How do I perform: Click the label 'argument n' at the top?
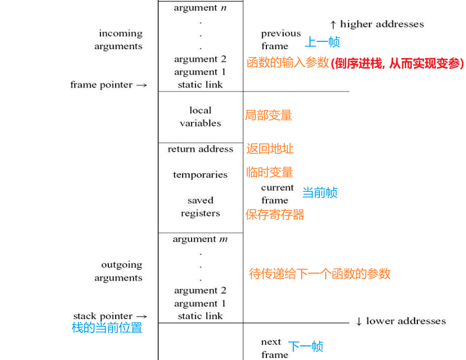click(200, 8)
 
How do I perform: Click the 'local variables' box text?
click(200, 117)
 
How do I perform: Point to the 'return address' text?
click(200, 149)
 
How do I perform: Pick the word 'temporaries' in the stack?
click(200, 175)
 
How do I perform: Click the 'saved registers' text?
click(200, 207)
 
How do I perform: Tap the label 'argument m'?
click(200, 239)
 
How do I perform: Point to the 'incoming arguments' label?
click(120, 40)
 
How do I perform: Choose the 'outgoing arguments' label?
click(120, 271)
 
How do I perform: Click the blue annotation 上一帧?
click(323, 42)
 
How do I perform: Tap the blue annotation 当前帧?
click(320, 193)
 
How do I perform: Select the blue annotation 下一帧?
click(306, 346)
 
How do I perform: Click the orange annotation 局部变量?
click(269, 115)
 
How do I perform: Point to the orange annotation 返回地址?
click(270, 149)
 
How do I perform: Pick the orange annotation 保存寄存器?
click(275, 215)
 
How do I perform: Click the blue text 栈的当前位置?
click(107, 328)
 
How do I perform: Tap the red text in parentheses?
click(397, 63)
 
